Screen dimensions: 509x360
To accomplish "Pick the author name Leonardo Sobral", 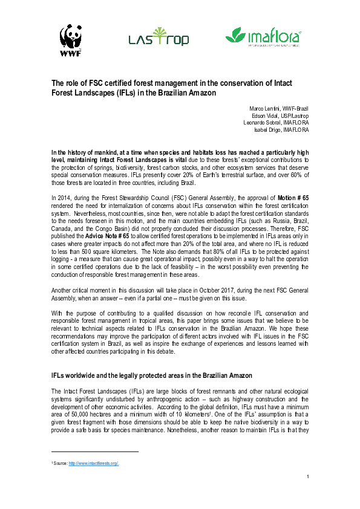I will [x=263, y=122].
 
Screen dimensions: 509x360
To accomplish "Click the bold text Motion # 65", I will [x=293, y=198].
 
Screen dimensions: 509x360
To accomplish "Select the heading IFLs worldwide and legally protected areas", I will [x=152, y=375].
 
